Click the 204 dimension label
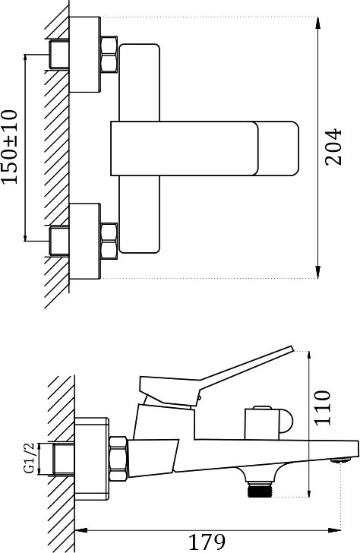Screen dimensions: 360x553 tap(333, 147)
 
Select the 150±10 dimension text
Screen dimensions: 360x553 tap(10, 147)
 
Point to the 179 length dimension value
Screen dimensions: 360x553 tap(207, 542)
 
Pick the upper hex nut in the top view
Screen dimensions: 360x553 tap(109, 55)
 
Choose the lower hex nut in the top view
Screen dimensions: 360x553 tap(109, 242)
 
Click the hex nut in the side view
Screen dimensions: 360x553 tap(118, 459)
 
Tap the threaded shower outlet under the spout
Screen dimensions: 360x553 tap(261, 489)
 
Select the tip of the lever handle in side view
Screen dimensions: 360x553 tap(292, 348)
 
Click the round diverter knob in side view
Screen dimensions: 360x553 tap(268, 423)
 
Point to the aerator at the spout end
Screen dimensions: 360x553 tap(341, 460)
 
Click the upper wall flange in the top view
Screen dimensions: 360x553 tap(85, 55)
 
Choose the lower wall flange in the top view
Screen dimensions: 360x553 tap(85, 242)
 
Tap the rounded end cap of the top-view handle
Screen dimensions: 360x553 tap(277, 148)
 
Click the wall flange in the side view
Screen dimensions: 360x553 tap(92, 459)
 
